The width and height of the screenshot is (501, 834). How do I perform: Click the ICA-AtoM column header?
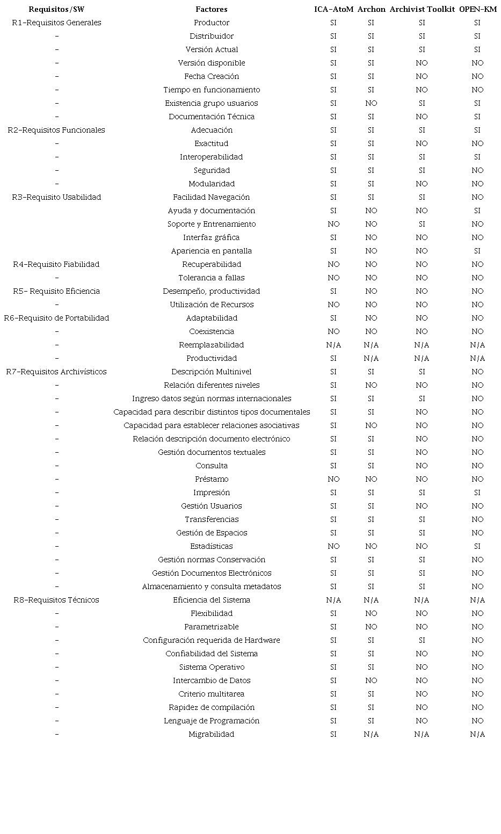click(x=333, y=9)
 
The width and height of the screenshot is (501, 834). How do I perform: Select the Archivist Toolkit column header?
click(x=422, y=9)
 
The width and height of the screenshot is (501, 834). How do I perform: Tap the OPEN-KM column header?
click(x=477, y=9)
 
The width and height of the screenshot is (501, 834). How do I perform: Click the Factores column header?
click(x=212, y=9)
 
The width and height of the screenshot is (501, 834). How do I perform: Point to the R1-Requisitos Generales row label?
click(x=56, y=23)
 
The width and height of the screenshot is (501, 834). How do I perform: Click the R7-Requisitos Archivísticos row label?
click(x=56, y=372)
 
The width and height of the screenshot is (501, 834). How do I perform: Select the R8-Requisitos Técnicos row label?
click(x=56, y=600)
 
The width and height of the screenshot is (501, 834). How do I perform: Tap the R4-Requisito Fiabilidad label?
click(x=56, y=264)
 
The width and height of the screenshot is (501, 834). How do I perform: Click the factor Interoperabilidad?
click(x=212, y=157)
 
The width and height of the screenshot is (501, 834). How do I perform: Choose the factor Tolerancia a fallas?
click(x=212, y=278)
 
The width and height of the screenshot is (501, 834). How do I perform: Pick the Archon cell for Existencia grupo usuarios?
click(x=371, y=103)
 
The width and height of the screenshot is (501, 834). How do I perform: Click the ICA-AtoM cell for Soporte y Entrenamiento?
click(x=333, y=224)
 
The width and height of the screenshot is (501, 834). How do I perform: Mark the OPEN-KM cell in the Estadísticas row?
click(x=477, y=546)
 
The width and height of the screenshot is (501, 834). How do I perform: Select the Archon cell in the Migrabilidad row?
click(x=371, y=734)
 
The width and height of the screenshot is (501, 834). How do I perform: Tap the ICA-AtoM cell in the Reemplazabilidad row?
click(x=333, y=345)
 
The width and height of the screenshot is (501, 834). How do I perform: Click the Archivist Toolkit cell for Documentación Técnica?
click(x=422, y=117)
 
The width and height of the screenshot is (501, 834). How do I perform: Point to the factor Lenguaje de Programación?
click(x=212, y=721)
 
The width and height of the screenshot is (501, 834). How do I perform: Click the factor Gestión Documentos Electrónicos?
click(x=212, y=573)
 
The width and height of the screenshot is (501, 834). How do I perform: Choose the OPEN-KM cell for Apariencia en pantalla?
click(x=477, y=251)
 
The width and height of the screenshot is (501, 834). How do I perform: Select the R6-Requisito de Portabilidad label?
click(x=56, y=318)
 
